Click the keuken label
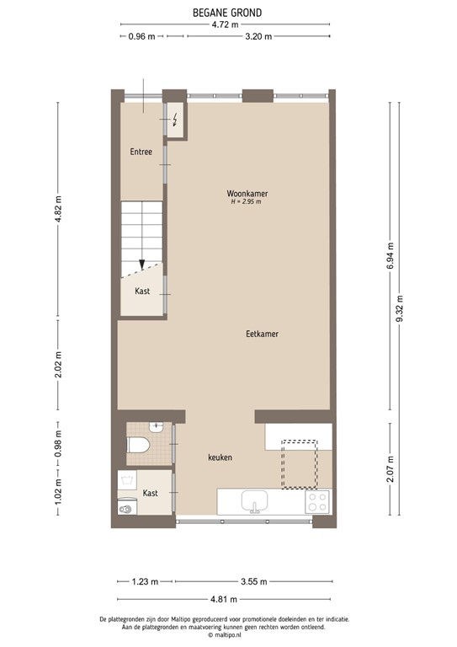click(x=221, y=457)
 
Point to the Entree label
click(x=141, y=152)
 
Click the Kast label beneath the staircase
click(x=142, y=291)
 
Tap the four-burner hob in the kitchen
click(x=317, y=502)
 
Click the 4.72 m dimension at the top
click(x=223, y=24)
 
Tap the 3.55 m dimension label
click(x=253, y=581)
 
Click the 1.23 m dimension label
click(x=143, y=581)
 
